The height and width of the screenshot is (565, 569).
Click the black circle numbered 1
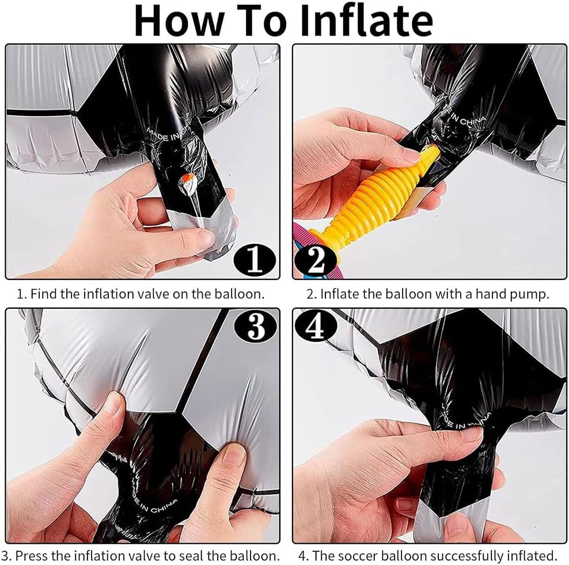[255, 259]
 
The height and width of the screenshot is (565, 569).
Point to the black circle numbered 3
[256, 326]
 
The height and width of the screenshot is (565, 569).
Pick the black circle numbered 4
[316, 326]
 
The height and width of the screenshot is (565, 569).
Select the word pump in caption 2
[530, 295]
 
